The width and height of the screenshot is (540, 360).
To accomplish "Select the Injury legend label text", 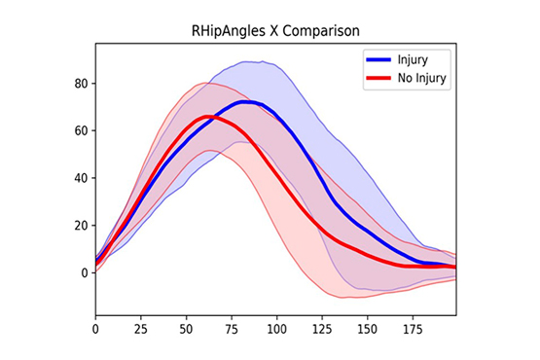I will tap(414, 60).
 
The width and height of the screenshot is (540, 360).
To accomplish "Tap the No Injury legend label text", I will tap(421, 78).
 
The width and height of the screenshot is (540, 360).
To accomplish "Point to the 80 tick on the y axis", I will tap(80, 84).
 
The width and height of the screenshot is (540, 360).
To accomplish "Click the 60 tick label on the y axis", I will tap(80, 130).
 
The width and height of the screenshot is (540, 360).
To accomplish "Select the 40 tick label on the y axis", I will tap(80, 178).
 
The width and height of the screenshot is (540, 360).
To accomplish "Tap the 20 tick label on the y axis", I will tap(80, 225).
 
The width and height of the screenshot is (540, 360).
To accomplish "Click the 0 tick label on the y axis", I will tap(83, 272).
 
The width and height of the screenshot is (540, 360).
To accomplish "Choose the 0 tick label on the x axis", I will tap(95, 331).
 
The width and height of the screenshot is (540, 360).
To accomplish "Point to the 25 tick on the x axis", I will tap(141, 331).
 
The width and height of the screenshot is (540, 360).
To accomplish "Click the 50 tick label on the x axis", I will tap(187, 331).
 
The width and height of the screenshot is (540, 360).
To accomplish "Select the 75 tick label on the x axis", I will tap(232, 331).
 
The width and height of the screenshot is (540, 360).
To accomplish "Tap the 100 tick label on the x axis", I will tap(277, 331).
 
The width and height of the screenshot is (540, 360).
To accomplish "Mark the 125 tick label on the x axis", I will tap(323, 331).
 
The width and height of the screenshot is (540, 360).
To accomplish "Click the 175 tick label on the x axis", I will tap(414, 331).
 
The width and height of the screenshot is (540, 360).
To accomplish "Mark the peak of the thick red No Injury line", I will tap(207, 117).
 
